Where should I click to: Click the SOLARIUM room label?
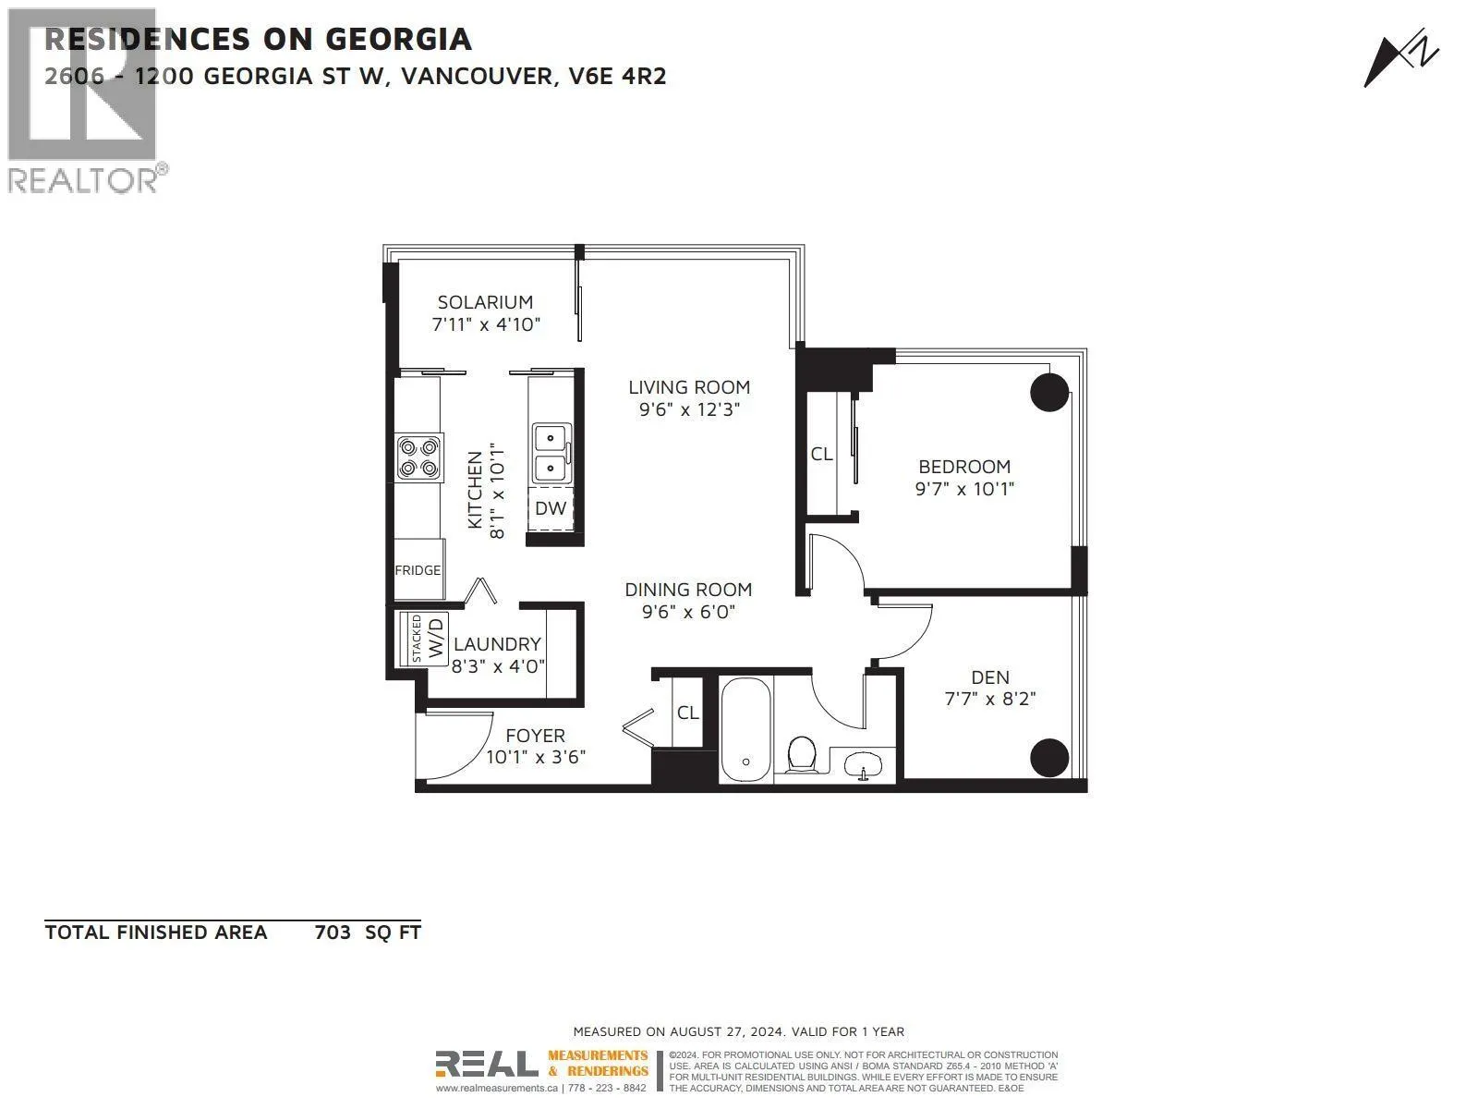485,302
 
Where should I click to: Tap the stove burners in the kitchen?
418,457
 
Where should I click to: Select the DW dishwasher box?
551,508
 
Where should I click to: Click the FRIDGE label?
418,570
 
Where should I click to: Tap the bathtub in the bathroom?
745,729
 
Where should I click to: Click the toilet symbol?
801,754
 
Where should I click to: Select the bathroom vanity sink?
863,765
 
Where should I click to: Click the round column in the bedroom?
1049,392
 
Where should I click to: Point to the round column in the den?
1049,758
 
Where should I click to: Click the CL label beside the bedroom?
821,455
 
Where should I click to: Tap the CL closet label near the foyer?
687,713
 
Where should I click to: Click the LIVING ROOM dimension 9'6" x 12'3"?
689,409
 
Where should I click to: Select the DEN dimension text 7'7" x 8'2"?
990,699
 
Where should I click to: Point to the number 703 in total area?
333,932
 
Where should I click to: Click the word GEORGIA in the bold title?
399,39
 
